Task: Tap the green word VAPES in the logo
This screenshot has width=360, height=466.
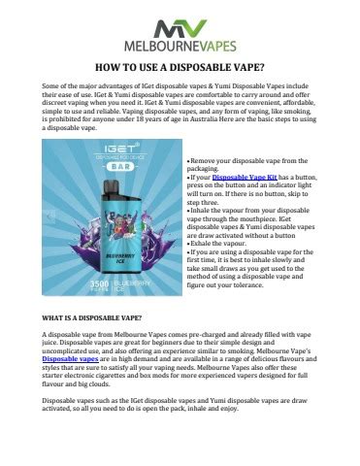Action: pos(215,46)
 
